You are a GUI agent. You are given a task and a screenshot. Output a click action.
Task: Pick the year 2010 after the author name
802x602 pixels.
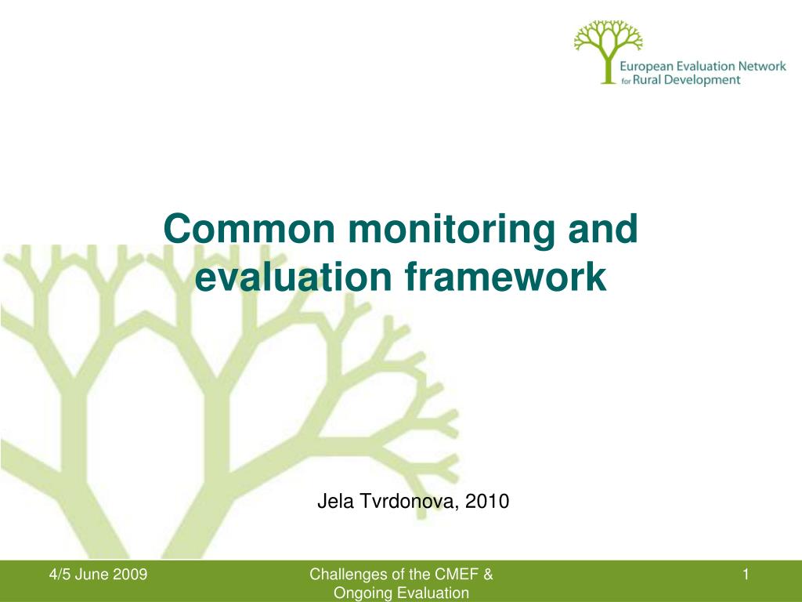click(x=487, y=502)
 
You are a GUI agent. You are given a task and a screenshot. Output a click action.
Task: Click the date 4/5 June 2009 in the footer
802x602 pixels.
click(x=98, y=575)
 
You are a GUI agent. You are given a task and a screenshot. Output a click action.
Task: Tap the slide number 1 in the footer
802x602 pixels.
click(x=746, y=575)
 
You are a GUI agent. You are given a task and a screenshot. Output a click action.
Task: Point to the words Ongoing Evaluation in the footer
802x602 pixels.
click(x=401, y=593)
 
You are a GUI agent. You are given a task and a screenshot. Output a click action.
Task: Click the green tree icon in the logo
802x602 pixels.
click(x=608, y=49)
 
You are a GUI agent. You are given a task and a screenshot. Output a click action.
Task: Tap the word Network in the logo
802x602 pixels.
click(x=761, y=67)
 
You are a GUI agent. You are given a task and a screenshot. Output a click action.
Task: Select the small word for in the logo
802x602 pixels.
click(x=626, y=82)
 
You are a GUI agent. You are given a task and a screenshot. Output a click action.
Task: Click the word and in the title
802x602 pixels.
click(x=605, y=230)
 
